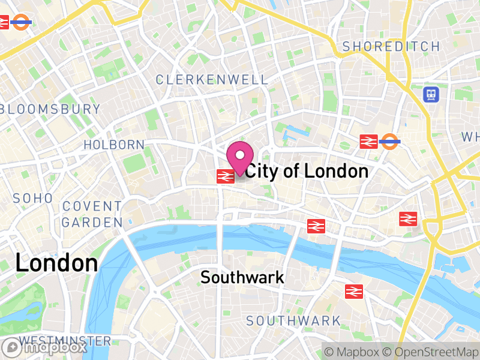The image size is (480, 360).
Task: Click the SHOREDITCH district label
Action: [x=391, y=46]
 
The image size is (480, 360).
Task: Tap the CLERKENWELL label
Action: [x=212, y=79]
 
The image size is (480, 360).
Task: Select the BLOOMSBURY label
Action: [x=52, y=109]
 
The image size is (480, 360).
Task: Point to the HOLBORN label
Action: [x=114, y=145]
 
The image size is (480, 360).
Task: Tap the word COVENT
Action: [x=92, y=206]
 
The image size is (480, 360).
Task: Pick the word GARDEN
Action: [x=92, y=223]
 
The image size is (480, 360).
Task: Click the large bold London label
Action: [x=56, y=263]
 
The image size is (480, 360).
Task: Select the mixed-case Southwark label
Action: [x=242, y=277]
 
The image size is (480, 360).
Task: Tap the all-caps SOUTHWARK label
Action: [x=293, y=321]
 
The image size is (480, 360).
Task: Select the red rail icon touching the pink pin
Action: [x=225, y=176]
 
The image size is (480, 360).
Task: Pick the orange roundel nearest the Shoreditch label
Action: [x=390, y=142]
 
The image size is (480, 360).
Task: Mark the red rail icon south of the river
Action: [x=354, y=291]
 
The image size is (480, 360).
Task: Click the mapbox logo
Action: [x=46, y=347]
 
